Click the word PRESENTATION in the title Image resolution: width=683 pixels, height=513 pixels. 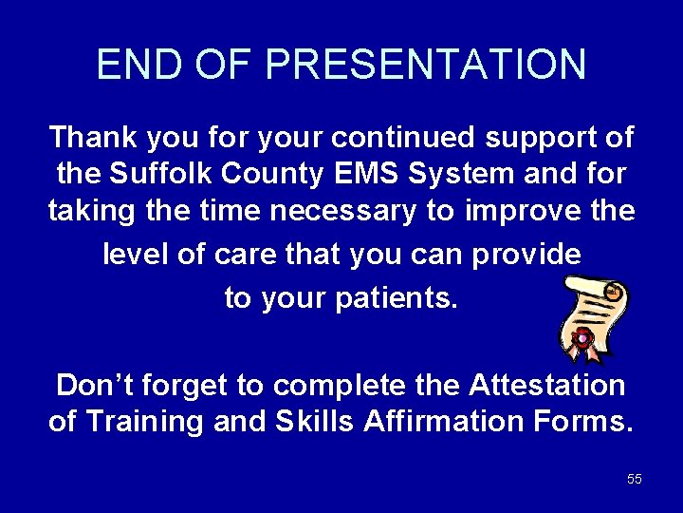point(426,65)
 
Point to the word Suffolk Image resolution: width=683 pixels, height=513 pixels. point(152,175)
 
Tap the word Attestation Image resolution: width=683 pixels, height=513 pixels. point(546,385)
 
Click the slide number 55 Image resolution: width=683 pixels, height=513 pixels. point(635,480)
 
